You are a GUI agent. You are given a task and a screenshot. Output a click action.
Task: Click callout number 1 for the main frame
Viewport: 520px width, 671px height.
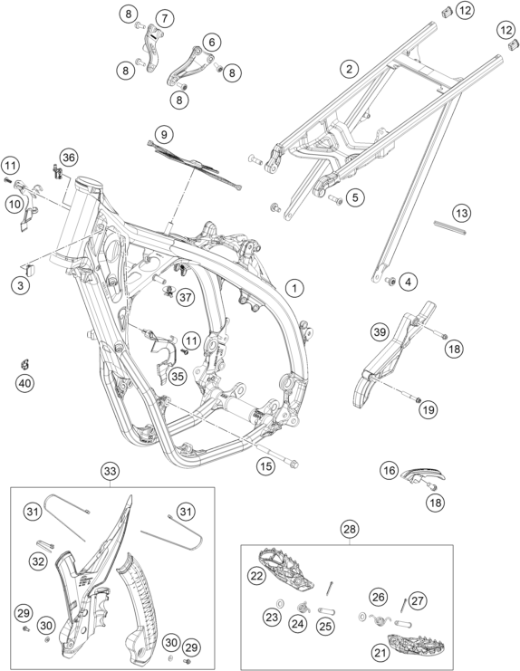pyautogui.click(x=294, y=288)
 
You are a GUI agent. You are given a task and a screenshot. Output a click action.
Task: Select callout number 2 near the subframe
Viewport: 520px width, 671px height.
pyautogui.click(x=350, y=69)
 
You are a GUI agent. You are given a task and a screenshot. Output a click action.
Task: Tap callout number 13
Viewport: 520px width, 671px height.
pyautogui.click(x=462, y=213)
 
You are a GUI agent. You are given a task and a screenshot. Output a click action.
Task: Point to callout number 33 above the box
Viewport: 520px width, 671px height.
pyautogui.click(x=110, y=471)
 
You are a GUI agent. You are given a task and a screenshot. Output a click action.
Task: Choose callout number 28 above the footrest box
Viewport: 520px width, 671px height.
pyautogui.click(x=350, y=530)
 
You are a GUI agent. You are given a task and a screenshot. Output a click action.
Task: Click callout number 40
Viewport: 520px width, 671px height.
pyautogui.click(x=24, y=383)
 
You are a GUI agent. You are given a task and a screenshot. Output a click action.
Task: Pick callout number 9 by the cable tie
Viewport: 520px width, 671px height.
pyautogui.click(x=163, y=135)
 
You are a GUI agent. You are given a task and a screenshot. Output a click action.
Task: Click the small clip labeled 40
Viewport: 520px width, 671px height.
pyautogui.click(x=25, y=364)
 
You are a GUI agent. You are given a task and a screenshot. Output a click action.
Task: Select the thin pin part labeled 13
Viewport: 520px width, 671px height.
pyautogui.click(x=449, y=227)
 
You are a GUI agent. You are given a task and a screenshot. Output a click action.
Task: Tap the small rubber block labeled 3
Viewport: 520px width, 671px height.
pyautogui.click(x=31, y=270)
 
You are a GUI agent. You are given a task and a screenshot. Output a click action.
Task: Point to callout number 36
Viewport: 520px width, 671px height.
pyautogui.click(x=69, y=157)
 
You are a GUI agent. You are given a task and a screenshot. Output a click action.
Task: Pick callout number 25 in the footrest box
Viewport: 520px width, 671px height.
pyautogui.click(x=326, y=626)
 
